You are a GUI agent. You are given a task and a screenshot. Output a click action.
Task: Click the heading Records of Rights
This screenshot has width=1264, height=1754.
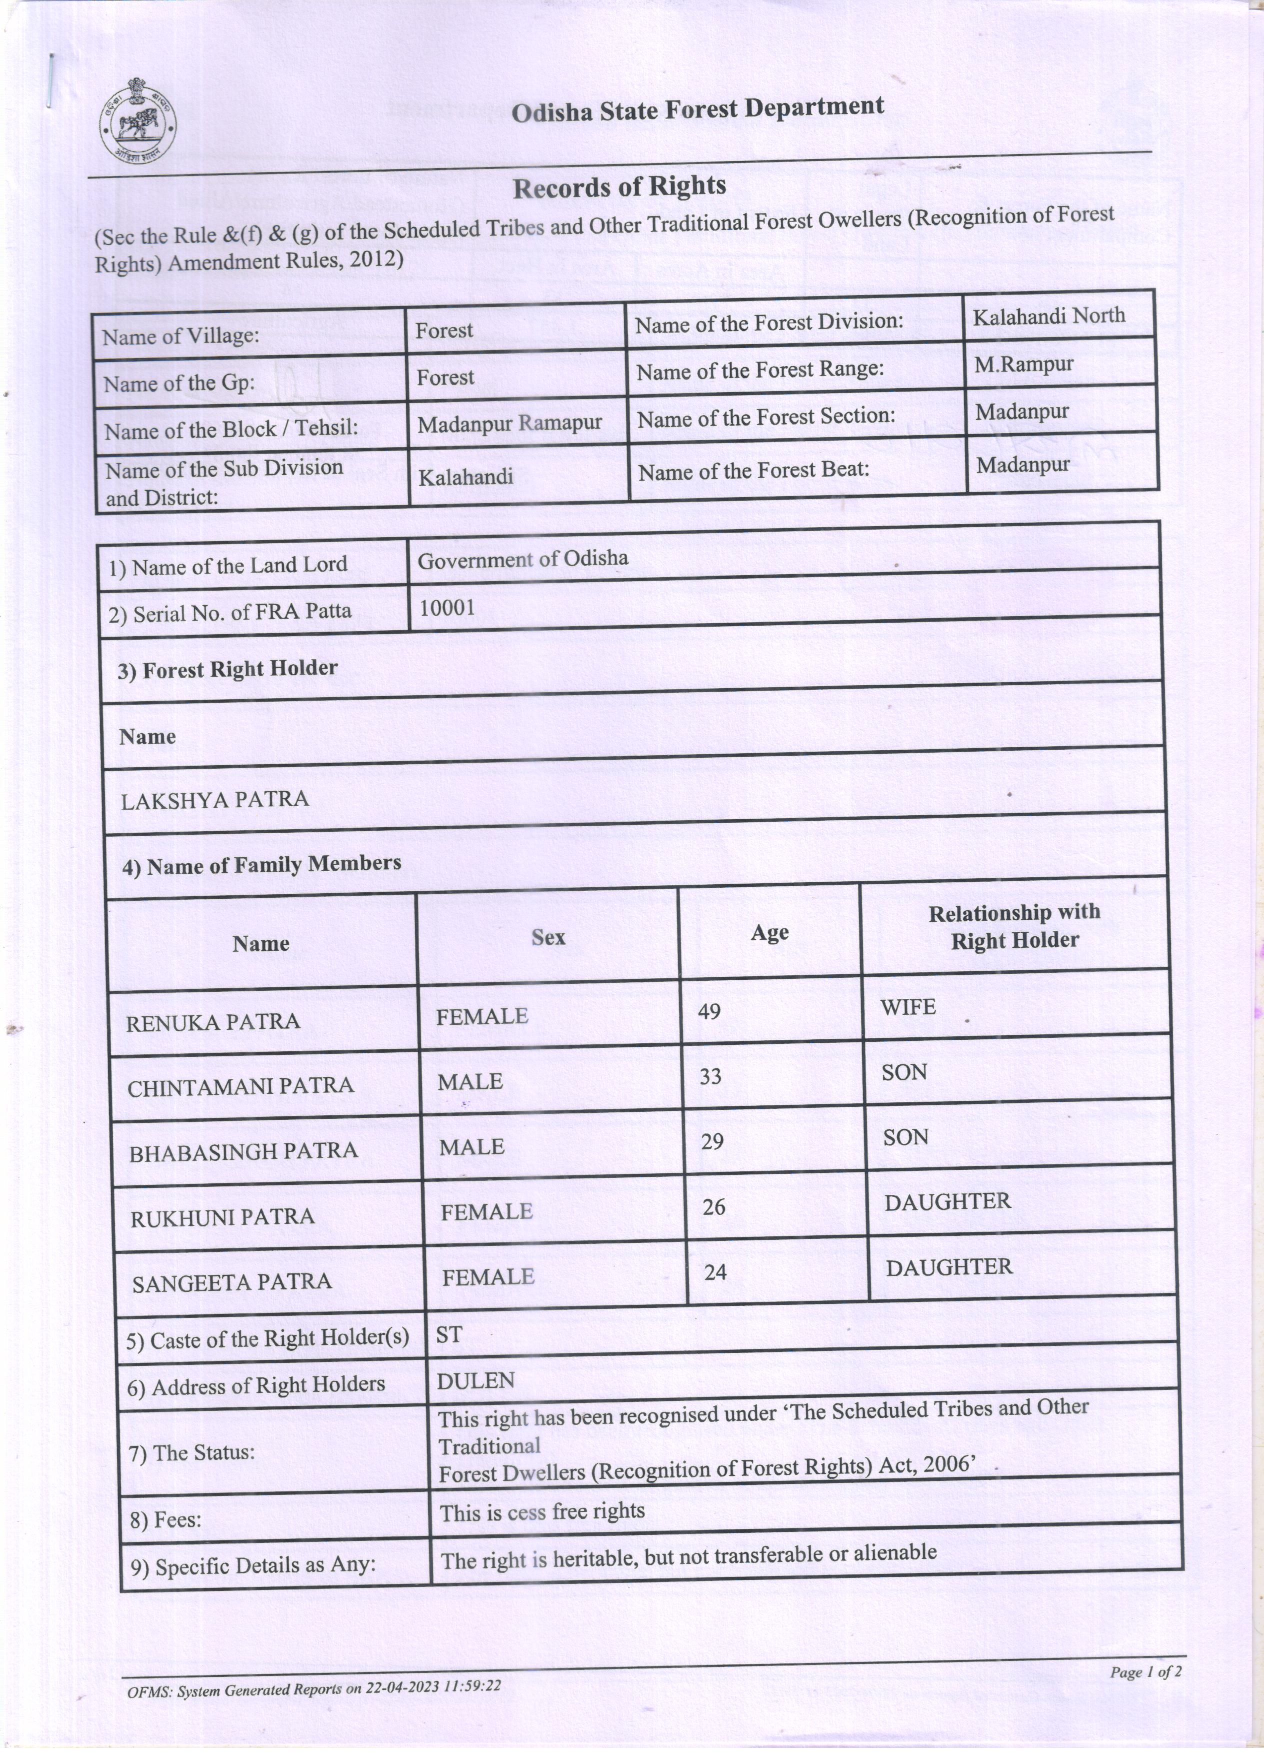click(619, 187)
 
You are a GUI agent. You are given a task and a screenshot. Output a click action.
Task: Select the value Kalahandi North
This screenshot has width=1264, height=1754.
click(1048, 316)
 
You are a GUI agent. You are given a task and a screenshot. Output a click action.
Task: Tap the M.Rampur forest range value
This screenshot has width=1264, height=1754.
click(1023, 364)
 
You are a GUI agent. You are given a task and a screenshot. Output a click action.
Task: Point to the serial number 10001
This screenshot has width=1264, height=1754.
click(447, 607)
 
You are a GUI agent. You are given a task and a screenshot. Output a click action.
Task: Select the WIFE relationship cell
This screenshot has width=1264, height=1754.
click(908, 1007)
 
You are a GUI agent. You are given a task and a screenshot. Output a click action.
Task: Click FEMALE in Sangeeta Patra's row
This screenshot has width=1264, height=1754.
click(488, 1276)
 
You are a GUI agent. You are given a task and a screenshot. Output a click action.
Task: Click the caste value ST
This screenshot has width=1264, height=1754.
click(449, 1334)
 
